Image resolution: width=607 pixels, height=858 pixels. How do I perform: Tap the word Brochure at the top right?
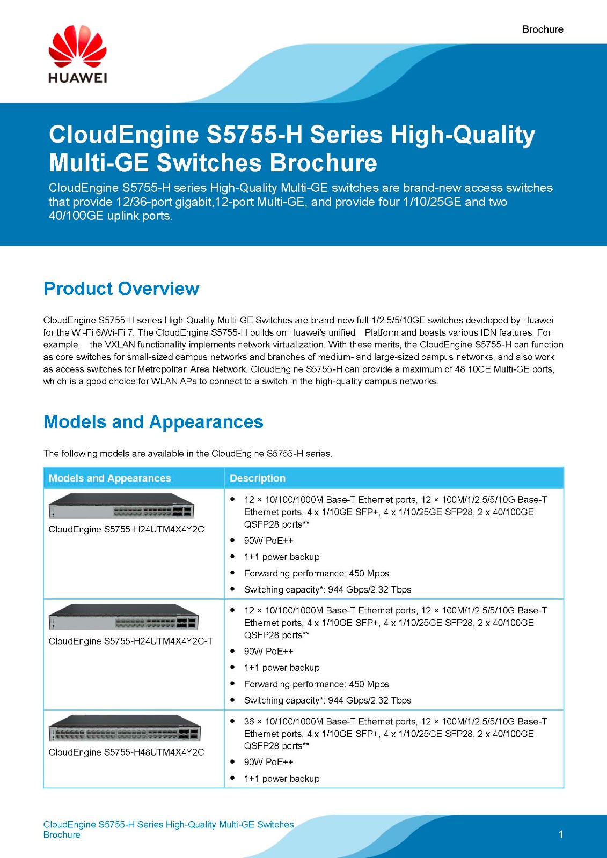tap(543, 29)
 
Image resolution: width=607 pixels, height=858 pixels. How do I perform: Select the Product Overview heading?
tap(121, 289)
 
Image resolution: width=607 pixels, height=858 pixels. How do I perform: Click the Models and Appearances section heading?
tap(153, 422)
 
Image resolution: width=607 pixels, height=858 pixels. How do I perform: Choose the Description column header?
tap(258, 478)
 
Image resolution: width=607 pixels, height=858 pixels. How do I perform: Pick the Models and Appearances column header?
tap(109, 478)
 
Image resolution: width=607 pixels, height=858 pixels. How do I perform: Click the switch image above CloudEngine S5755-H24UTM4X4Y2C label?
tap(121, 506)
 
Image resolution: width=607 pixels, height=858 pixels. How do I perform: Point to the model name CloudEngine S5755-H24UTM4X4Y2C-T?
tap(130, 641)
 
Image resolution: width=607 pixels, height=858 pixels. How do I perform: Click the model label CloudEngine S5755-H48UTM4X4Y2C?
tap(126, 752)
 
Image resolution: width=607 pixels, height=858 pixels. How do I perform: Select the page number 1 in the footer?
tap(560, 834)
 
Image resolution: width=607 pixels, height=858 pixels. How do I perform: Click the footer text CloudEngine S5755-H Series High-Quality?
tap(169, 824)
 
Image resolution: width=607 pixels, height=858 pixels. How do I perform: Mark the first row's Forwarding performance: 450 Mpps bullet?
tap(316, 573)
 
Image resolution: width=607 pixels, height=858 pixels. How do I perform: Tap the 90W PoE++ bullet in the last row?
tap(268, 762)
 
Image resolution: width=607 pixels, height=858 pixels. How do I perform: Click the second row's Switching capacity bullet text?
tap(327, 700)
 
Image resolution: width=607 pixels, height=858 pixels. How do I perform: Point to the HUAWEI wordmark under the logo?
tap(77, 78)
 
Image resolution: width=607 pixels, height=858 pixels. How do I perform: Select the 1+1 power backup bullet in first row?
tap(281, 557)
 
